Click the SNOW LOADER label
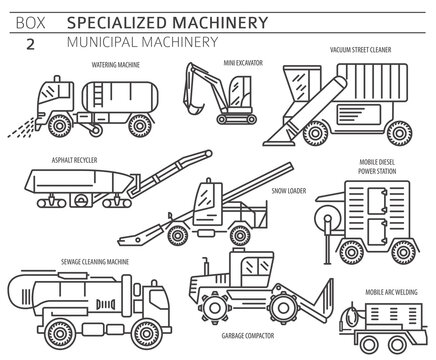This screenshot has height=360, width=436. pyautogui.click(x=289, y=188)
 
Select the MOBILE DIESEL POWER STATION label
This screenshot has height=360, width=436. pyautogui.click(x=379, y=167)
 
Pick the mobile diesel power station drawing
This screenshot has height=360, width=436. pyautogui.click(x=370, y=220)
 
